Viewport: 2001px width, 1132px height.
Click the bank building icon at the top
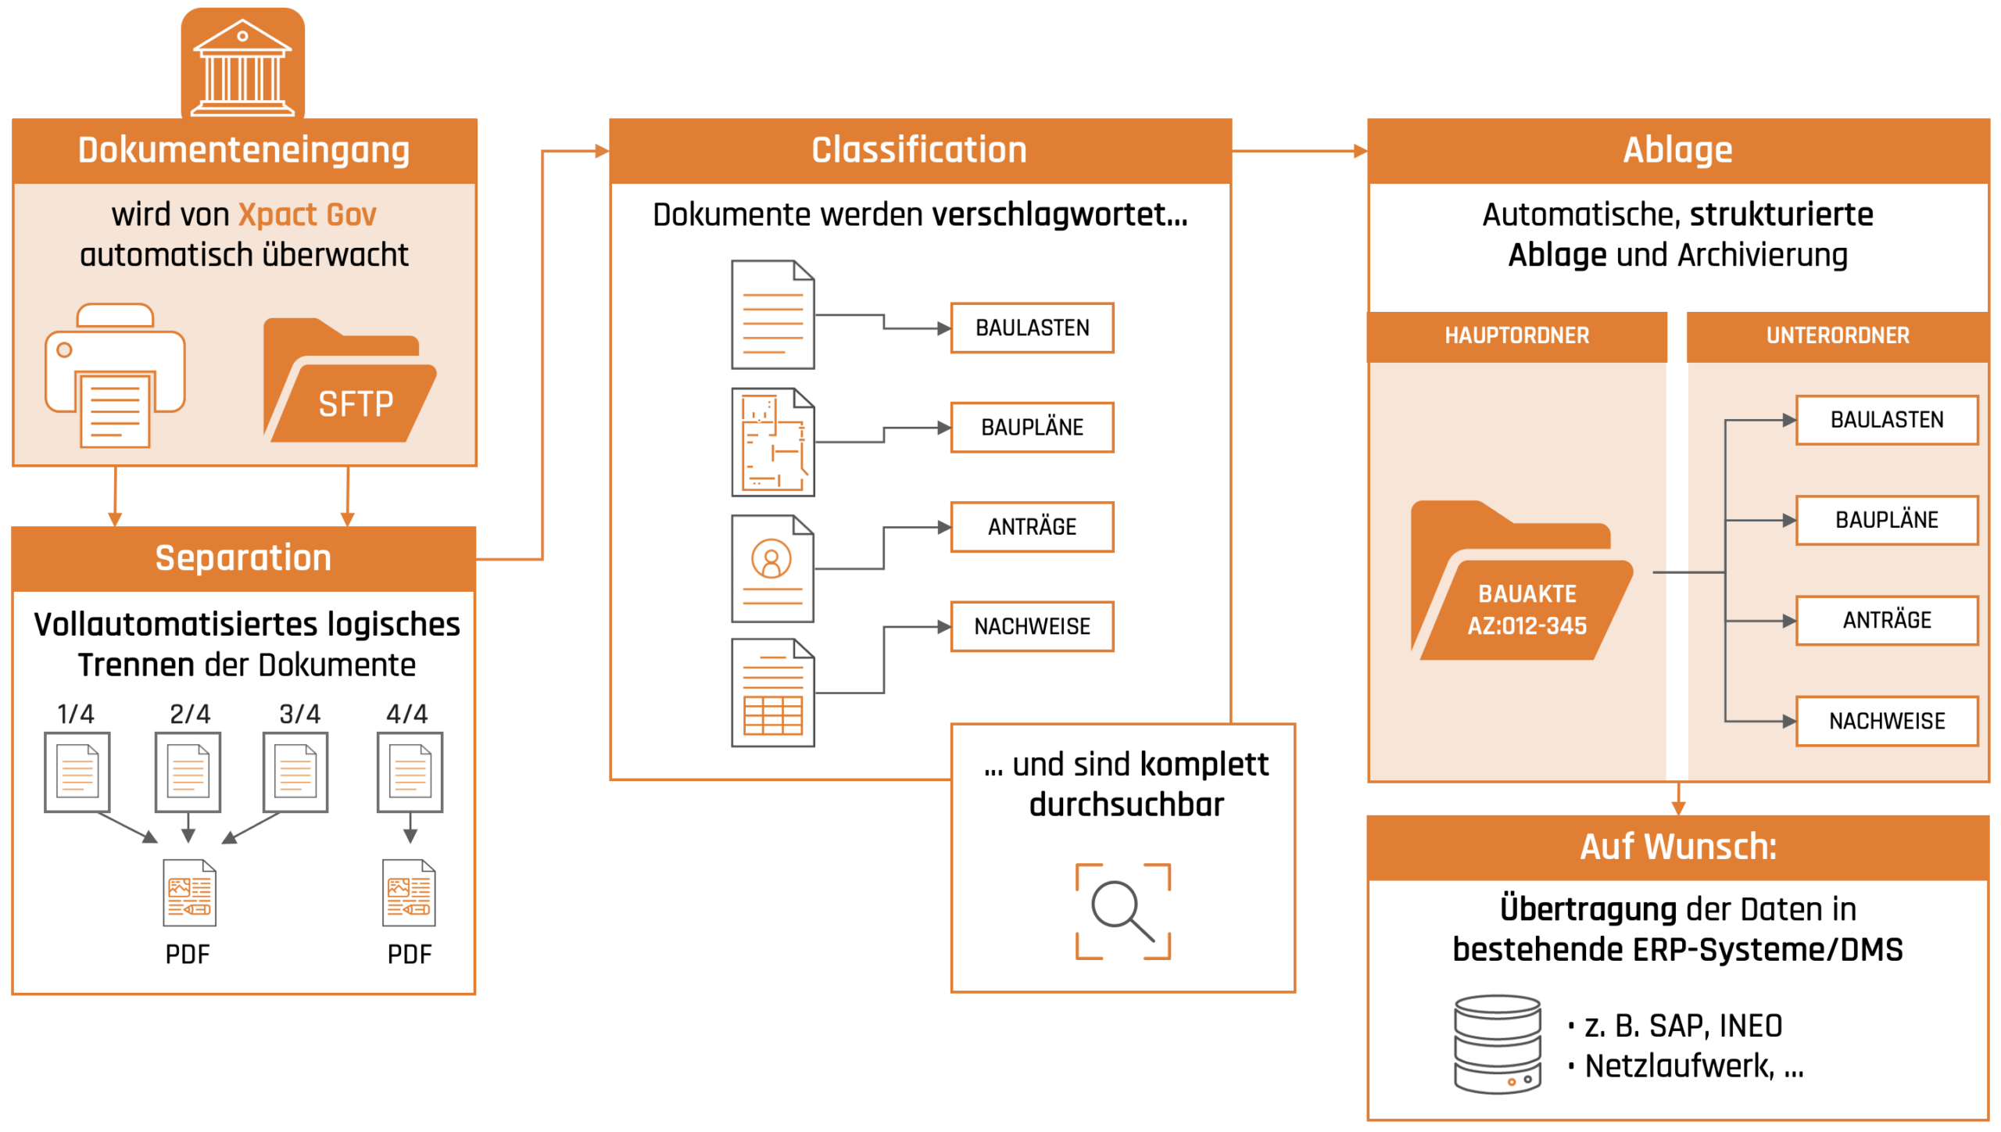pos(242,66)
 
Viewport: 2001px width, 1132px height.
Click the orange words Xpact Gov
pos(306,214)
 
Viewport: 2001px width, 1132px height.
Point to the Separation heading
pos(243,558)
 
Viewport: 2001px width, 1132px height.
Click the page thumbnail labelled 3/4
pos(295,772)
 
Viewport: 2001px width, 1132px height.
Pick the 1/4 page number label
pos(76,714)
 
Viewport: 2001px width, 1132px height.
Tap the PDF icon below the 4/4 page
pos(409,893)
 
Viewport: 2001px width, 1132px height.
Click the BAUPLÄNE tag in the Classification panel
pos(1032,428)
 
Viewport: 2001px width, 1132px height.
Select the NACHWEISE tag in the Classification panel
pos(1032,626)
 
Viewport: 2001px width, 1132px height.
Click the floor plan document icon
pos(773,442)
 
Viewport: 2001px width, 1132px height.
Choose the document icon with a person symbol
pos(773,568)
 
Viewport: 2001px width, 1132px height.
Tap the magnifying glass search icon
pos(1122,911)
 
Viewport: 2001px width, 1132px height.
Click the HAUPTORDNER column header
pos(1516,336)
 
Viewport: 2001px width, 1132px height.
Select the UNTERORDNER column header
pos(1837,336)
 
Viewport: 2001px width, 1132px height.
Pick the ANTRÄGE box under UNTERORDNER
pos(1886,621)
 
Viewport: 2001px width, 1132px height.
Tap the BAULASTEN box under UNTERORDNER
pos(1886,420)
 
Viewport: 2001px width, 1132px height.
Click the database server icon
pos(1497,1044)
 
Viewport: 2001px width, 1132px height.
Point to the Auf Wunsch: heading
pos(1677,847)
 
